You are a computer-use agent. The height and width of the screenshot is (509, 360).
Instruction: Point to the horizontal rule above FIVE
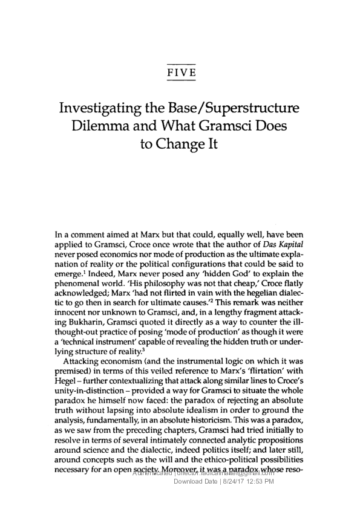(180, 63)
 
